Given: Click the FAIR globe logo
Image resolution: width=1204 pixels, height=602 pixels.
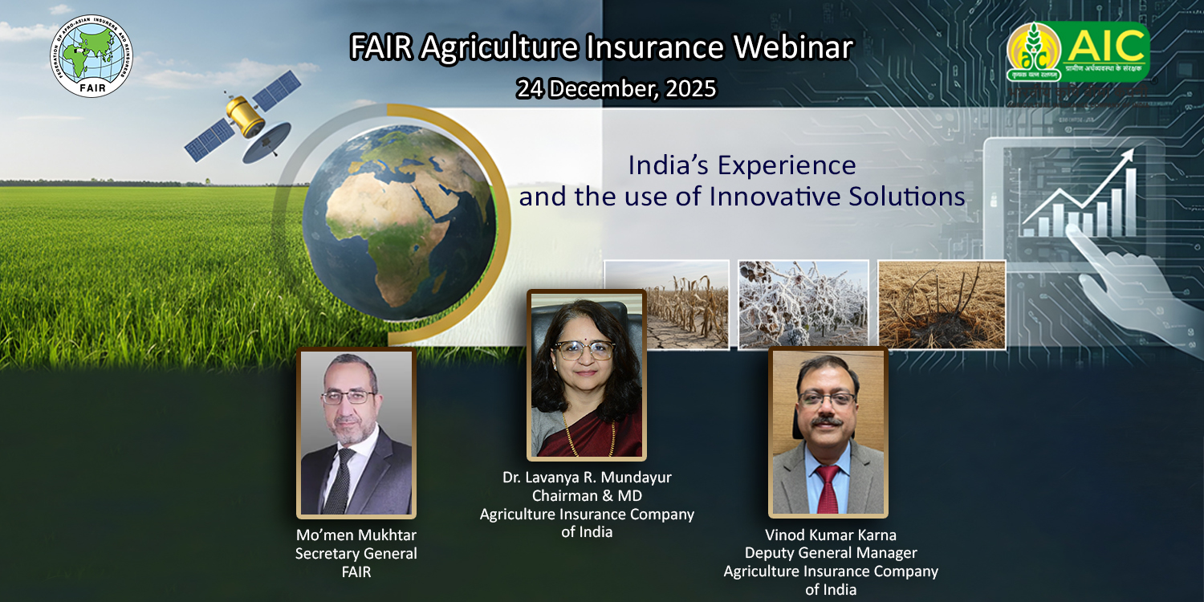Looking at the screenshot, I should point(92,55).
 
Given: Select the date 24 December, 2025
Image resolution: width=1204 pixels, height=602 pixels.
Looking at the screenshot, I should point(616,88).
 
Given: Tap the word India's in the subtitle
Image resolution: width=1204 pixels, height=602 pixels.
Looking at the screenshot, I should point(667,165).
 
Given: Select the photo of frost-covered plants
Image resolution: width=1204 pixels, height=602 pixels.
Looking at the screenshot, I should point(803,304).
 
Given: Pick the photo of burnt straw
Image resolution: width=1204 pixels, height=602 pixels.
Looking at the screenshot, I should point(942,304).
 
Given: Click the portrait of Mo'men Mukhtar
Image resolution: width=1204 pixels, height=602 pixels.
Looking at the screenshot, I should point(356,433).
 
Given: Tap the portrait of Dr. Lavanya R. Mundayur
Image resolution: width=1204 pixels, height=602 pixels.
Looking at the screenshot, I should point(586,375).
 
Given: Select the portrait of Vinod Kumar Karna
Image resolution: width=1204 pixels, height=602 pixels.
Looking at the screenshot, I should point(828,432).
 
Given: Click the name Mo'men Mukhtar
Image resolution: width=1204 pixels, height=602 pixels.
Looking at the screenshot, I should point(356,535).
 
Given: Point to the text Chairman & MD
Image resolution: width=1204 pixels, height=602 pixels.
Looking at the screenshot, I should point(587,496).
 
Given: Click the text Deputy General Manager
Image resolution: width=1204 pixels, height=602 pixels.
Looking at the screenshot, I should point(831,553).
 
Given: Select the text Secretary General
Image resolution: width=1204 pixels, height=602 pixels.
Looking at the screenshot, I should point(356,554).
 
